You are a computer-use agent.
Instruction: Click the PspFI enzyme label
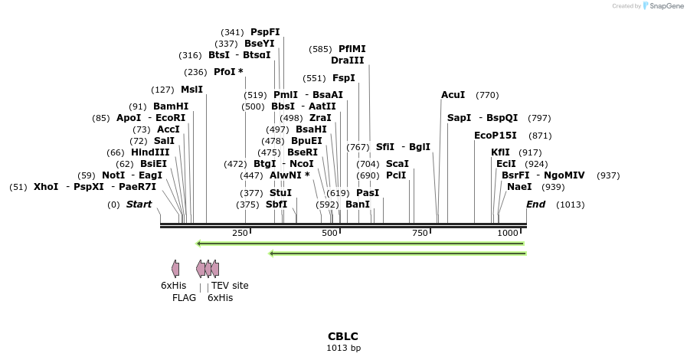[x=265, y=32]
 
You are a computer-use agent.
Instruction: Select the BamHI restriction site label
[x=170, y=106]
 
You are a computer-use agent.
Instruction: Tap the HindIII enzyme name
[x=150, y=152]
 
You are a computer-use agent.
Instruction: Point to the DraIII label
[x=347, y=61]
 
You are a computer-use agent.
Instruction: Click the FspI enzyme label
[x=343, y=78]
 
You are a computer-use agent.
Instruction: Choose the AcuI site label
[x=453, y=95]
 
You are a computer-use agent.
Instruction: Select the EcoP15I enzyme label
[x=496, y=136]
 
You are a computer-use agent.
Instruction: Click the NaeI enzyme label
[x=519, y=187]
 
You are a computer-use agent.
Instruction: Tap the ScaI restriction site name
[x=397, y=164]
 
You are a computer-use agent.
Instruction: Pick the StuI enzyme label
[x=280, y=193]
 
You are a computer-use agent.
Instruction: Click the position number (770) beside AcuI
[x=487, y=95]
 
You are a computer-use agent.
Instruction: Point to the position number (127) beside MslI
[x=163, y=90]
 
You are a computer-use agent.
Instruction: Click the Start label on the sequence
[x=139, y=205]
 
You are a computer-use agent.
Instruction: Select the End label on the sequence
[x=535, y=205]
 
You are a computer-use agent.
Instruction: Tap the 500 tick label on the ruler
[x=330, y=233]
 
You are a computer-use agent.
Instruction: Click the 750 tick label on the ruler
[x=420, y=233]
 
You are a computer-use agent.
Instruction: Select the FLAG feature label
[x=184, y=298]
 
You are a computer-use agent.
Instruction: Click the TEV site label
[x=230, y=286]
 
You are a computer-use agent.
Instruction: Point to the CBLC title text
[x=343, y=336]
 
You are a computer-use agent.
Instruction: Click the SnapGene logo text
[x=665, y=6]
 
